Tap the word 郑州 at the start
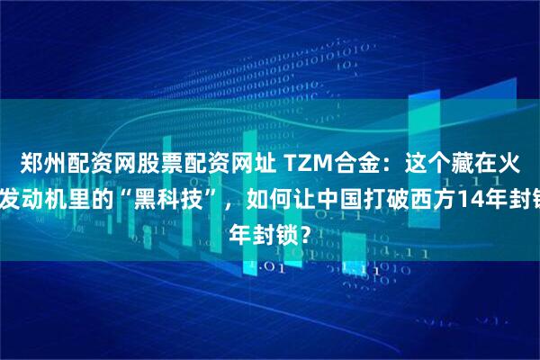[x=42, y=164]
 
